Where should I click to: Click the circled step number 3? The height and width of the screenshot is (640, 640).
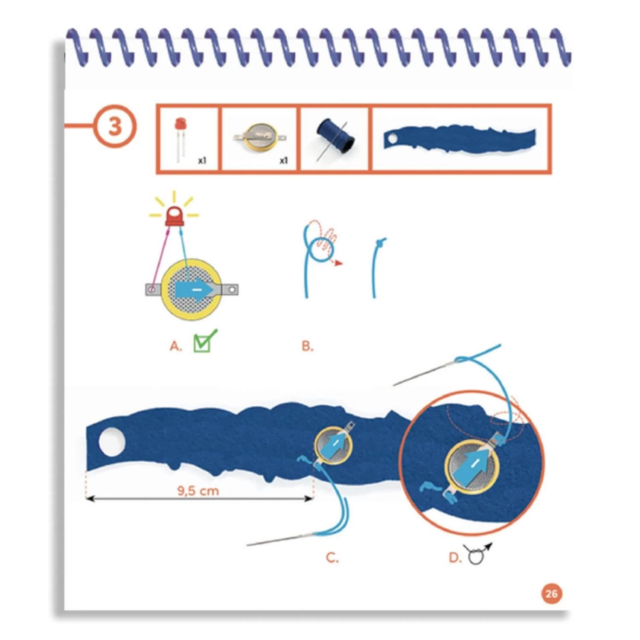click(x=115, y=126)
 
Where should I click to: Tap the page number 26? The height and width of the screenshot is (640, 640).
click(x=551, y=593)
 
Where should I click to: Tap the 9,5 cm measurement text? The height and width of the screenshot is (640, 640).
click(x=198, y=491)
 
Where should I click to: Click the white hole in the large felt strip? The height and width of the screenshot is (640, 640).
click(x=112, y=442)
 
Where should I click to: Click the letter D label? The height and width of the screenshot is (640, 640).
click(x=455, y=558)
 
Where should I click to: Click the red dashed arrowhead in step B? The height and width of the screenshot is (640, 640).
click(x=339, y=263)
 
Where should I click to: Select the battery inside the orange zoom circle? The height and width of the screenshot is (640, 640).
click(x=471, y=468)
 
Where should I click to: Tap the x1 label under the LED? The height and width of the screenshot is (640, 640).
click(x=202, y=161)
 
